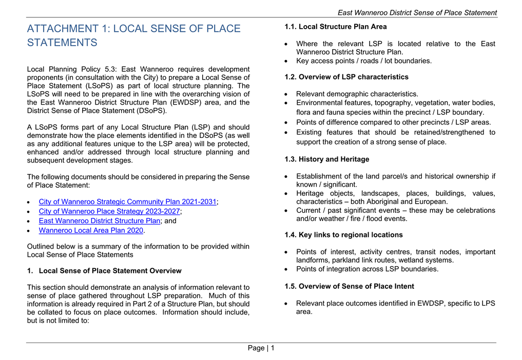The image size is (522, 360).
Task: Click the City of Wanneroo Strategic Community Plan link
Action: (127, 202)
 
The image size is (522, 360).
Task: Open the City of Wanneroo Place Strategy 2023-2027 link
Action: (109, 211)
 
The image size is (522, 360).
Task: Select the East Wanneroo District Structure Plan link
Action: (100, 221)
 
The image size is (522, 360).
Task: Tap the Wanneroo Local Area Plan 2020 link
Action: (91, 231)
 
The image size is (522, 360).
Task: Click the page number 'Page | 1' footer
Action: (261, 348)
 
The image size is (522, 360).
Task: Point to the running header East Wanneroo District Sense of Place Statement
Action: (417, 13)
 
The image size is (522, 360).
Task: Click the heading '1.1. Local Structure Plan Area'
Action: (336, 27)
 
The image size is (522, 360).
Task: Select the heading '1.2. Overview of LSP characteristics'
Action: (346, 77)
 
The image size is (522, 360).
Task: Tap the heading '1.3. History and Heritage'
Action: (327, 159)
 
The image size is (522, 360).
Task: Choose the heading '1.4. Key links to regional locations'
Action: (343, 235)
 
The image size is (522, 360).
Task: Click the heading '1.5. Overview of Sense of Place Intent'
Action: (349, 286)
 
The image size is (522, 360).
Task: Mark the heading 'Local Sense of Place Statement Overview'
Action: (110, 271)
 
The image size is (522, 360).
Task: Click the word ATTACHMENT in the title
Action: (63, 29)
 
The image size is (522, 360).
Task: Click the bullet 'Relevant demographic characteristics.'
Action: (357, 94)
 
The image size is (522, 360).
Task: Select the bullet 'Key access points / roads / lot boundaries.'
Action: (363, 61)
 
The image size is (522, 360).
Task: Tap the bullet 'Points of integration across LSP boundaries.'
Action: (367, 269)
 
